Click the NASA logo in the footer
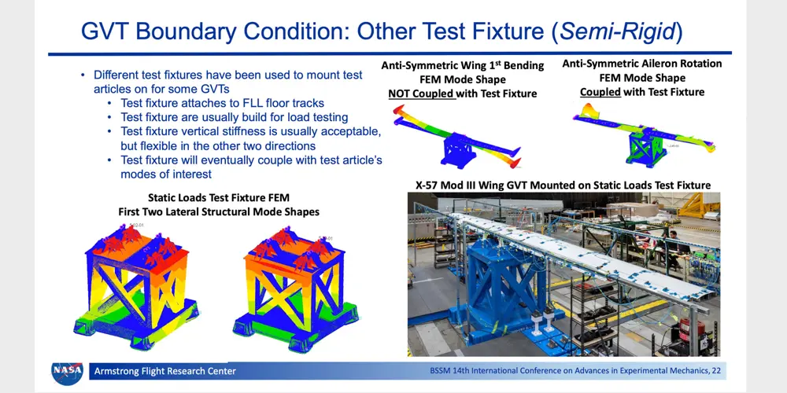[67, 373]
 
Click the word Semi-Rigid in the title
[617, 31]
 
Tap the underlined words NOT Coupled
[422, 94]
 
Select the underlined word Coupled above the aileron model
[600, 92]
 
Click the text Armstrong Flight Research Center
[165, 372]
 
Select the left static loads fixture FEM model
[135, 287]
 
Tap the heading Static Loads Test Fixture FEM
[219, 197]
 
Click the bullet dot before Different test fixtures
[84, 75]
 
